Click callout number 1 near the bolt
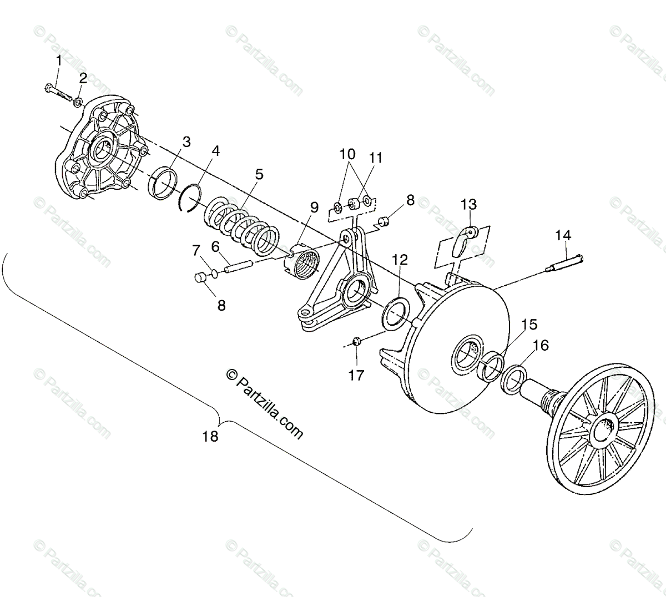(x=58, y=61)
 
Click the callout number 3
(x=186, y=142)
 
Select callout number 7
(x=196, y=250)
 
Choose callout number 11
(x=376, y=158)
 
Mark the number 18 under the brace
(x=210, y=437)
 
